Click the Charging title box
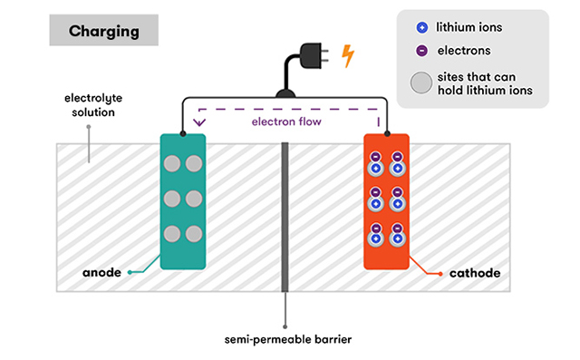click(x=104, y=30)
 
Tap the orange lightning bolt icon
click(x=347, y=56)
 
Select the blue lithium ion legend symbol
click(x=422, y=27)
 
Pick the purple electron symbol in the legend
click(x=422, y=51)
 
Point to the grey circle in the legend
click(x=420, y=83)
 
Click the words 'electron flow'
click(x=286, y=122)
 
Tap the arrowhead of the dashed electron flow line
click(x=199, y=122)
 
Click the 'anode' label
click(x=101, y=273)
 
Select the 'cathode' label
click(x=475, y=273)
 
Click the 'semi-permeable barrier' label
click(x=288, y=339)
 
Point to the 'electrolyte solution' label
click(x=93, y=105)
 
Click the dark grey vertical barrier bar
click(x=285, y=218)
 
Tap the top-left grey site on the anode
click(x=172, y=163)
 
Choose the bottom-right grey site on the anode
click(x=194, y=234)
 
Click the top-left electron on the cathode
click(x=375, y=157)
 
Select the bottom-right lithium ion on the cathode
click(x=398, y=238)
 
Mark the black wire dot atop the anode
click(x=183, y=133)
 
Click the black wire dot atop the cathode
click(x=387, y=133)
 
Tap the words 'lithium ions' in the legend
click(x=469, y=27)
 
